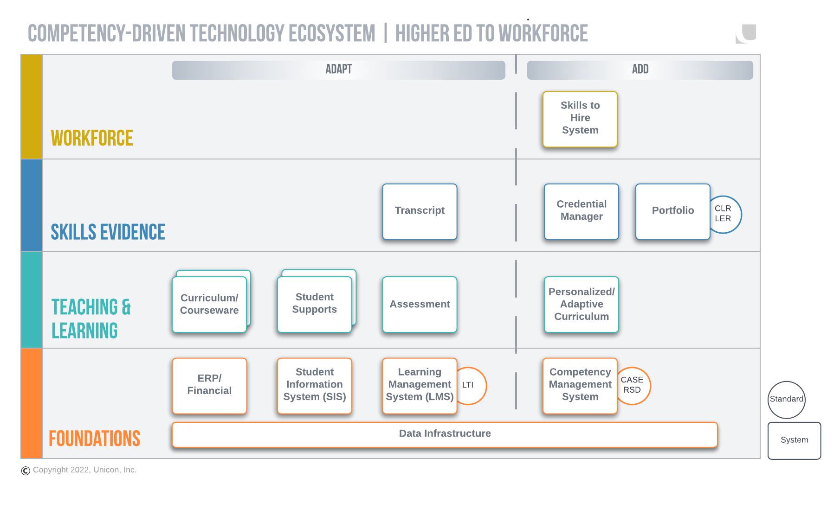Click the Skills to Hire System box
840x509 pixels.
click(580, 119)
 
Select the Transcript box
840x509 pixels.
click(420, 211)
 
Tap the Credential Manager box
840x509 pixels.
click(581, 211)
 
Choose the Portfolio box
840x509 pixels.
click(672, 211)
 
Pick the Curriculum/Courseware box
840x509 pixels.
click(209, 305)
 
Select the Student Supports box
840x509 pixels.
click(314, 305)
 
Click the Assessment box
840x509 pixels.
click(420, 305)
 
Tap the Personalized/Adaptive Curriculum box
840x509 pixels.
click(581, 305)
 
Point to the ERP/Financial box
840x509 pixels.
click(209, 385)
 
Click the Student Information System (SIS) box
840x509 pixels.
click(314, 385)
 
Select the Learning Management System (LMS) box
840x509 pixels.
click(420, 385)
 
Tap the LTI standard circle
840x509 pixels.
click(472, 385)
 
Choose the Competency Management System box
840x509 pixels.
click(580, 385)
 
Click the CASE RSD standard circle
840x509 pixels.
click(634, 385)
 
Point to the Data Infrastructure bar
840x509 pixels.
click(445, 434)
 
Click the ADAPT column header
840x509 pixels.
click(338, 70)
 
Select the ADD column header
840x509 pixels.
click(640, 70)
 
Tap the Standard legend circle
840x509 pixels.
click(786, 400)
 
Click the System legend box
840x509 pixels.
click(794, 440)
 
